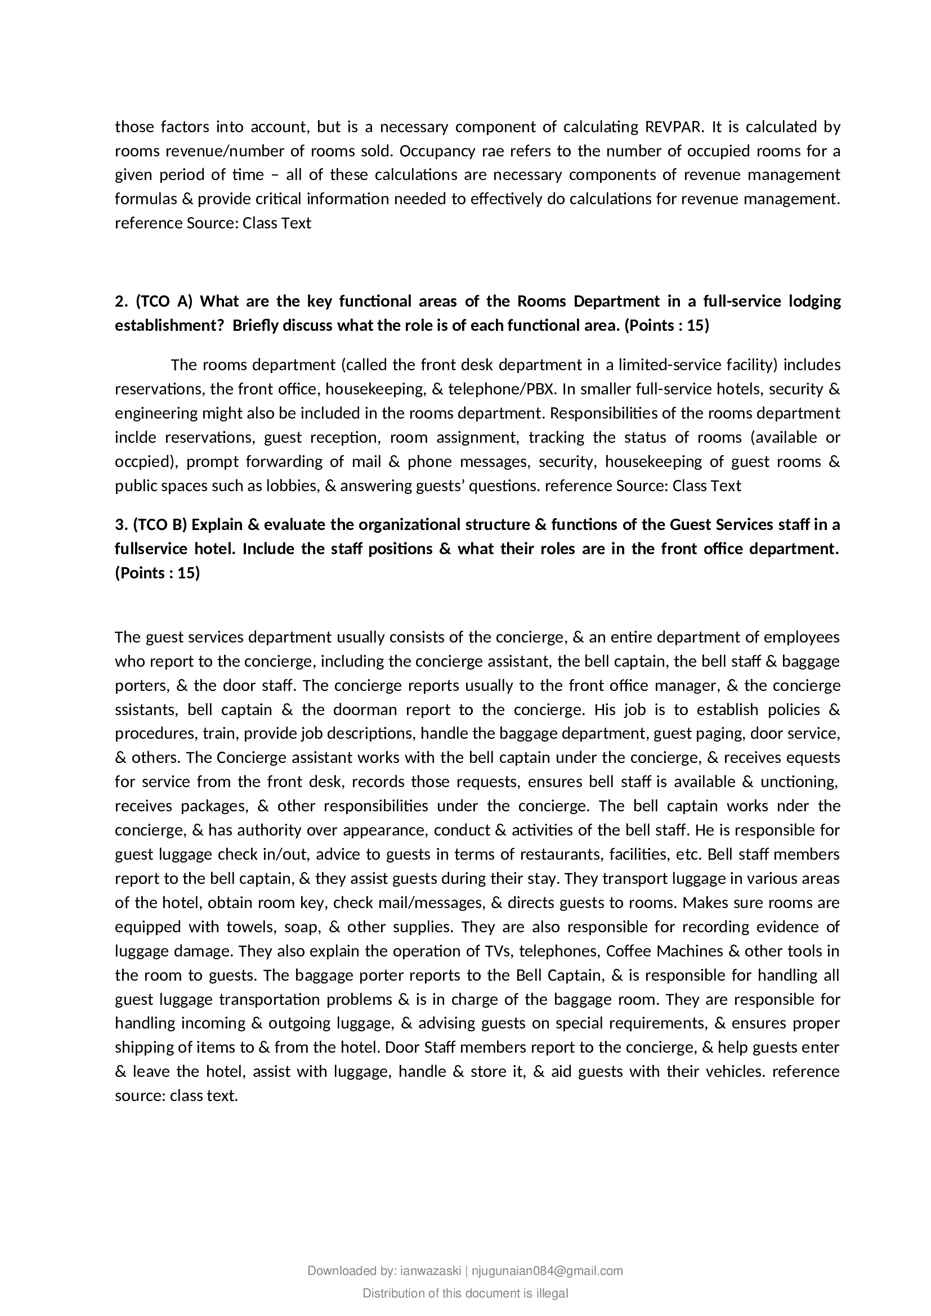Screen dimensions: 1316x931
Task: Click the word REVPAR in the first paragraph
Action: pos(671,127)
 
